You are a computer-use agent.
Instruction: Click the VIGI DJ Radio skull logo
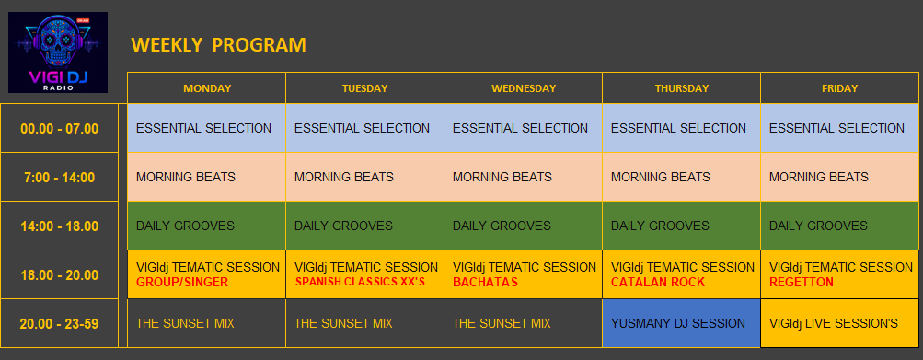coord(58,52)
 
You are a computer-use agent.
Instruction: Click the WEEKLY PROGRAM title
coord(218,45)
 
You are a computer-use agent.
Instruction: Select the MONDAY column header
coord(207,88)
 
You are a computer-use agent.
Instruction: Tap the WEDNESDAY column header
coord(524,88)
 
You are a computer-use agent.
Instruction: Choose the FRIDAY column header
coord(840,88)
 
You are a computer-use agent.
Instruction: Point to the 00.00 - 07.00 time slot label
coord(60,129)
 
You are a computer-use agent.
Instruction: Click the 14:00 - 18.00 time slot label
coord(60,226)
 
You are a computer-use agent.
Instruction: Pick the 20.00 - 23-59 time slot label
coord(60,324)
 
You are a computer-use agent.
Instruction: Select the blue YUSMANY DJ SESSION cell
coord(682,323)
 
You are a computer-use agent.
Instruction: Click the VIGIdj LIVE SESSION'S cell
coord(840,323)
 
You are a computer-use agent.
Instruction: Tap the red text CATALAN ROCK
coord(658,283)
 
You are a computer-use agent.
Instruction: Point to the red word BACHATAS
coord(485,283)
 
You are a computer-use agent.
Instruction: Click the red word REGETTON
coord(802,283)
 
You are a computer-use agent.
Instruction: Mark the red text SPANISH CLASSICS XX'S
coord(360,283)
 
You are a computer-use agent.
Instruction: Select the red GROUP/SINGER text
coord(182,283)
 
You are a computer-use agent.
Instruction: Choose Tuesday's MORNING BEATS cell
coord(365,178)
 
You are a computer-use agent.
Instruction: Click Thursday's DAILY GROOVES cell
coord(682,226)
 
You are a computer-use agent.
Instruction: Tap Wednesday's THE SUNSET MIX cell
coord(524,323)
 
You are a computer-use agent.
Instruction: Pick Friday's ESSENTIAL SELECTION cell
coord(840,129)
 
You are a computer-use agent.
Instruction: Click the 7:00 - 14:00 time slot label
coord(60,178)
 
